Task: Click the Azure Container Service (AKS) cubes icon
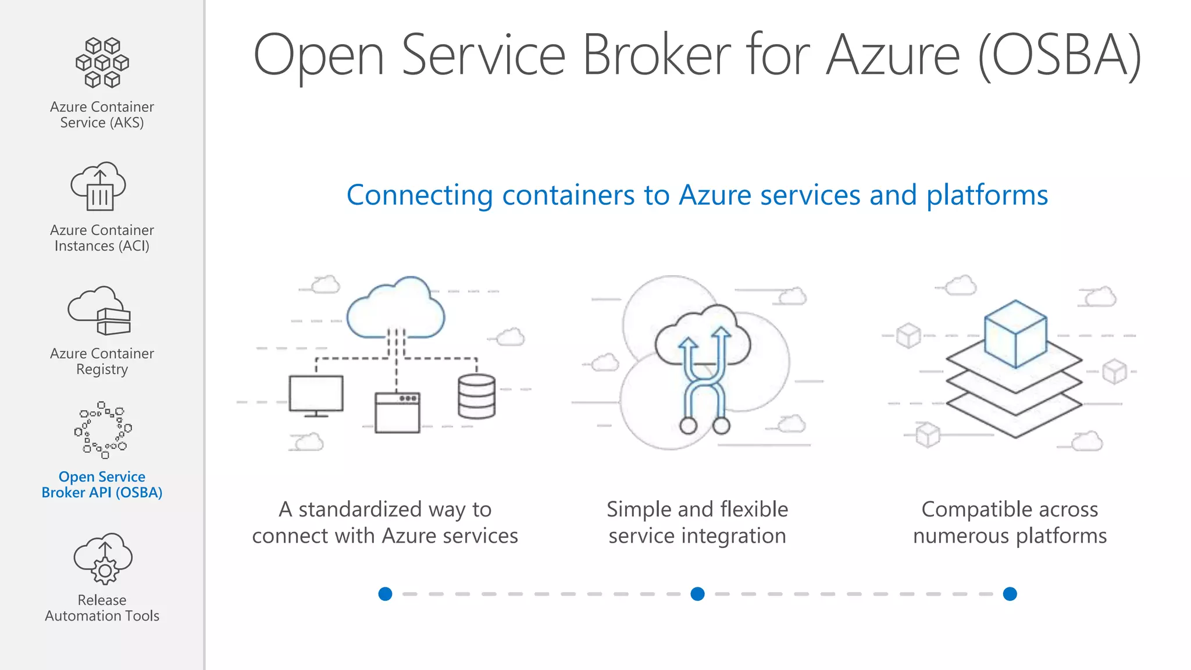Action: [102, 63]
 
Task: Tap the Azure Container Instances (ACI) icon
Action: [99, 186]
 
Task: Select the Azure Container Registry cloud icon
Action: [99, 311]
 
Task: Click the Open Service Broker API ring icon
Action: [103, 430]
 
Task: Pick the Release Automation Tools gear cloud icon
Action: [103, 558]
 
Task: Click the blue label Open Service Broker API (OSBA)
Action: [102, 484]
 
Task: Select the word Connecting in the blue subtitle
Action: [419, 195]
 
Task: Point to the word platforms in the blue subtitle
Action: [987, 195]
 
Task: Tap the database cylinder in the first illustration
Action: [477, 396]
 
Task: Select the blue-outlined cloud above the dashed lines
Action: [396, 308]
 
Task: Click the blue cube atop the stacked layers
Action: [1015, 333]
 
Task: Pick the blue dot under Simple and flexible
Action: [697, 594]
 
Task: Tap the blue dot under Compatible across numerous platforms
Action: [1010, 594]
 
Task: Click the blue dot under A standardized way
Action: [385, 594]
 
